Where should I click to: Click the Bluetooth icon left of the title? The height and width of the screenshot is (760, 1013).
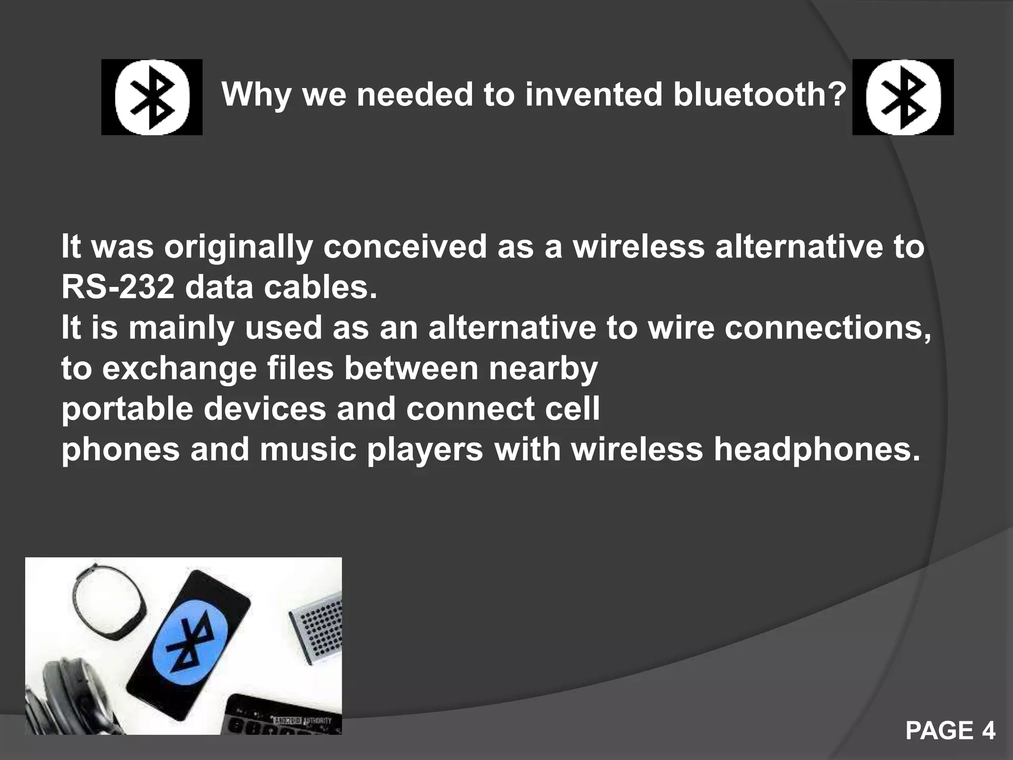tap(152, 97)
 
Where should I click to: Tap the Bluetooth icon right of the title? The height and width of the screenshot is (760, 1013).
tap(903, 97)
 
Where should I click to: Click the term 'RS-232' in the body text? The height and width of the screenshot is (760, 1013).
tap(118, 287)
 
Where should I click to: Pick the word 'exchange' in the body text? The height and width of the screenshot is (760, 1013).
tap(179, 369)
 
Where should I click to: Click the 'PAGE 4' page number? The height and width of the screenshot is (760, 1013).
tap(950, 730)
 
